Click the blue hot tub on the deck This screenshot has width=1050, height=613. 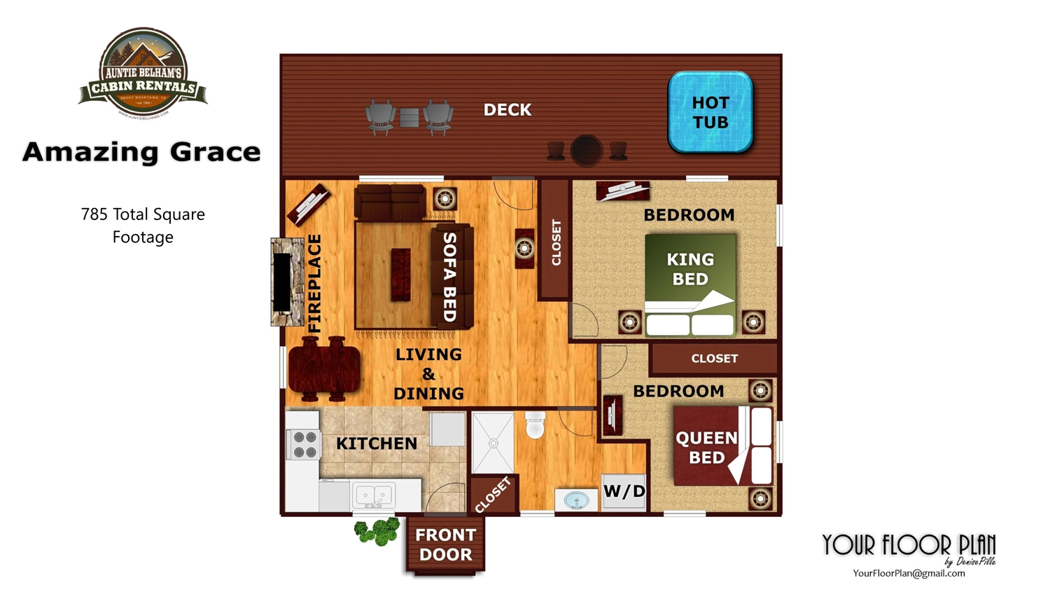point(710,112)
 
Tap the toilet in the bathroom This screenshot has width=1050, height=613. point(535,425)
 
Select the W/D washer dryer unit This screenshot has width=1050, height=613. point(624,492)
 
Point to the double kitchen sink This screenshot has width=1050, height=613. point(373,496)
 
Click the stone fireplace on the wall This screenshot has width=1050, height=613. point(287,282)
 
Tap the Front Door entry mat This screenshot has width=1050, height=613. point(445,545)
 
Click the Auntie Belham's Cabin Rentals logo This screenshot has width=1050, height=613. point(143,73)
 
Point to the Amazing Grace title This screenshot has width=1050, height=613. point(141,152)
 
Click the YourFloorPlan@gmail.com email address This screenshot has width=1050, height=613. point(909,573)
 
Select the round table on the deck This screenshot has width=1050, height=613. point(586,150)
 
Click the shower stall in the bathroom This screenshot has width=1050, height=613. point(493,443)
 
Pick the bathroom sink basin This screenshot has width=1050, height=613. point(576,500)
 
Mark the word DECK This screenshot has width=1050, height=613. point(507,110)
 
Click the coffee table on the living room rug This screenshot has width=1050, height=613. point(400,274)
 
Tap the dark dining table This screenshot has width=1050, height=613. point(323,369)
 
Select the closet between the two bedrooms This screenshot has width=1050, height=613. point(714,359)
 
